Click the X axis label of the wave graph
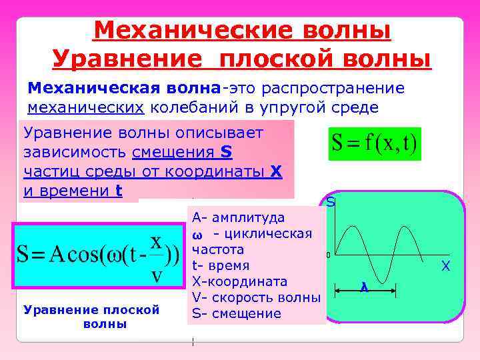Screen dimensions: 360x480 [x=446, y=267]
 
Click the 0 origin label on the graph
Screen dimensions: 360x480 [x=328, y=255]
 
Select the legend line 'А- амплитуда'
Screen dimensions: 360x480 [x=238, y=218]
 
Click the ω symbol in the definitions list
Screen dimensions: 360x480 [x=197, y=235]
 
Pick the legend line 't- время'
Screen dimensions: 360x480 [x=223, y=266]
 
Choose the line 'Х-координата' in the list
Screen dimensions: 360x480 [x=239, y=282]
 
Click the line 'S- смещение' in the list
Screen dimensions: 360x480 [x=237, y=314]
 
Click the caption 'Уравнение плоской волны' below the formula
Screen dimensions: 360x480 [x=91, y=317]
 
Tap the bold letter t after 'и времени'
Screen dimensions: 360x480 [x=119, y=191]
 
